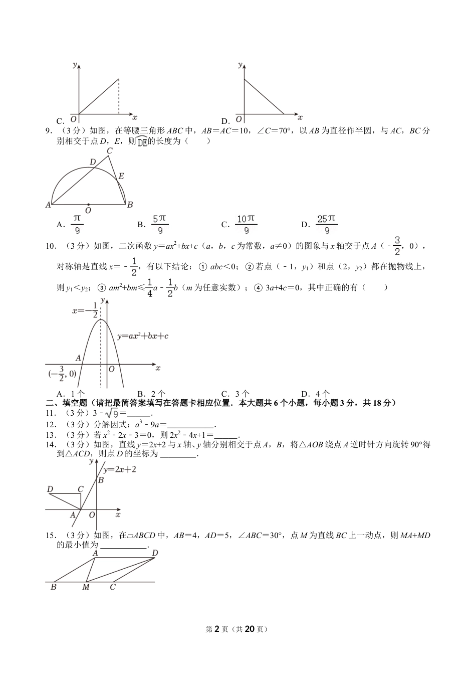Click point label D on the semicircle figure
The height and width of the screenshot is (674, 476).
click(x=93, y=162)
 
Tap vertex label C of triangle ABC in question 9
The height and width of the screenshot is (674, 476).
click(x=110, y=150)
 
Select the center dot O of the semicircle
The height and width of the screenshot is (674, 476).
click(x=88, y=205)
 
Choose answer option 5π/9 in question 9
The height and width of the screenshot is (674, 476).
click(x=160, y=224)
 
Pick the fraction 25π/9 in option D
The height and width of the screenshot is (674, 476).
click(x=327, y=224)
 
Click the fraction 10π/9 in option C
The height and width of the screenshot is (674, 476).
click(x=246, y=224)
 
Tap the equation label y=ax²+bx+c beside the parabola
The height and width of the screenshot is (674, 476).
click(x=143, y=336)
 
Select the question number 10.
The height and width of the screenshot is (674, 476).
click(x=50, y=246)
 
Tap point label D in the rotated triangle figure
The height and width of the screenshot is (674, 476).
click(x=50, y=489)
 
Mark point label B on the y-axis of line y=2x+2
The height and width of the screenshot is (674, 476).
click(x=101, y=480)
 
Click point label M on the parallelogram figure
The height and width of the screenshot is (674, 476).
click(x=86, y=587)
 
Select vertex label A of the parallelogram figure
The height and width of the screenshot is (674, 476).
click(x=95, y=553)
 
